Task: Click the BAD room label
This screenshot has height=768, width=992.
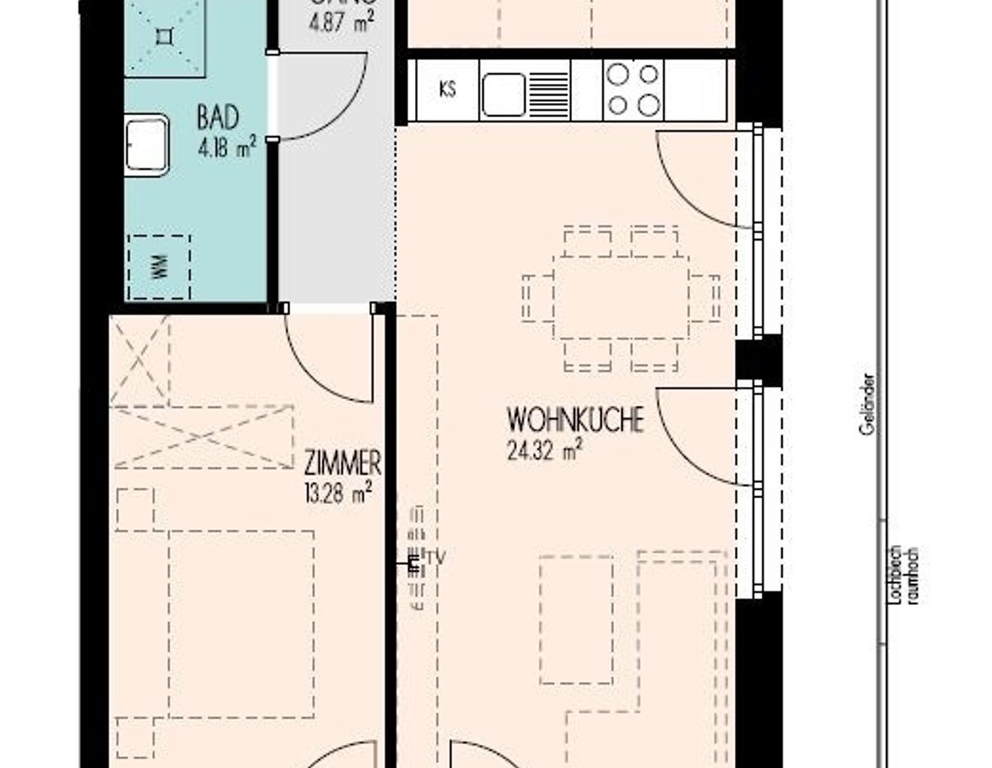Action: tap(217, 118)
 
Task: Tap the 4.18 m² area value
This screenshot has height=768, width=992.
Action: tap(227, 149)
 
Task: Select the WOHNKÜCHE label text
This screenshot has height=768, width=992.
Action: tap(575, 420)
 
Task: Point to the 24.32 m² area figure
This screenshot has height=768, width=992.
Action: tap(545, 451)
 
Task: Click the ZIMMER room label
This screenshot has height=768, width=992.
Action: tap(342, 462)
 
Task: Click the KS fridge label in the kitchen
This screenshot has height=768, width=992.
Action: tap(447, 90)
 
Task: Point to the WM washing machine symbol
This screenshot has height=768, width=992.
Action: tap(159, 267)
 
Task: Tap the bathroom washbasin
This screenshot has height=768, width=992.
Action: tap(147, 144)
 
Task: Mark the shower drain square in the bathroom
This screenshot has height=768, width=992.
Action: tap(165, 36)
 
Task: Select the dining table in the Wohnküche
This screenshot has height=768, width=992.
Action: tap(621, 297)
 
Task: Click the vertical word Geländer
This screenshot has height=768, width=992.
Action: tap(867, 404)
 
